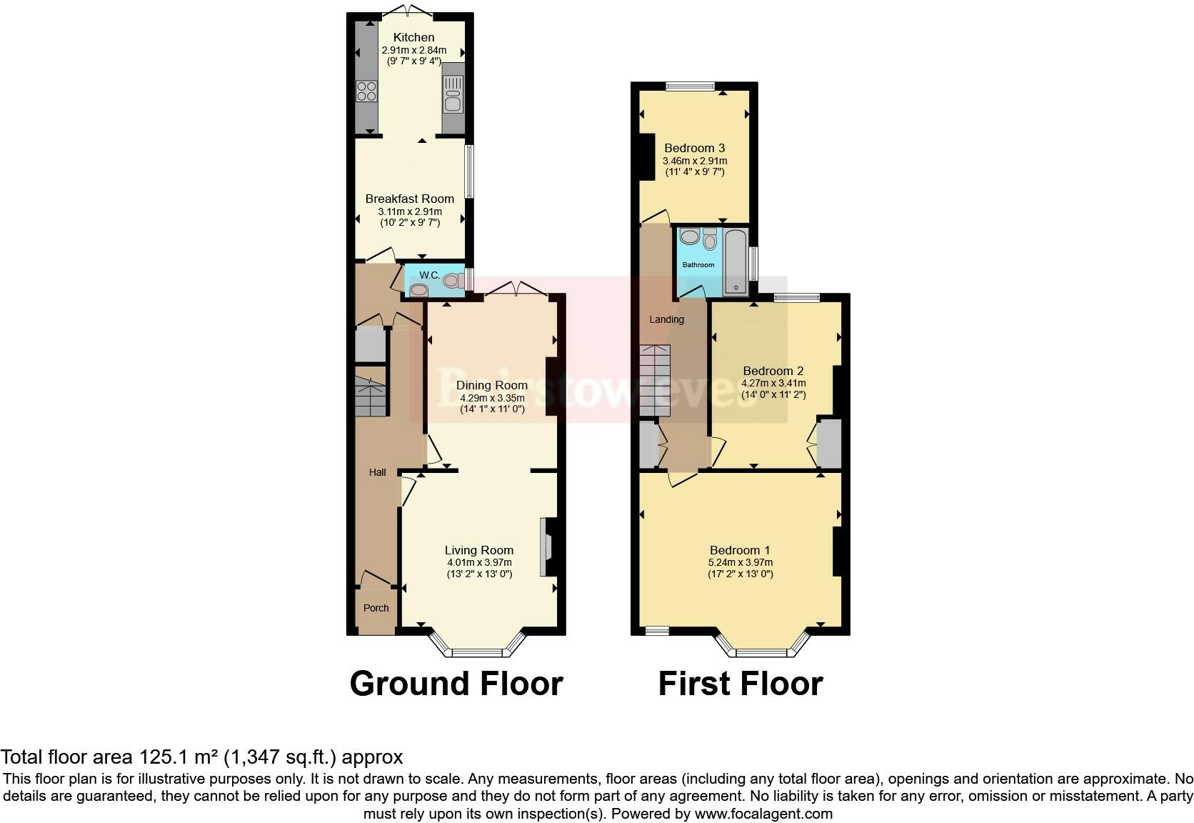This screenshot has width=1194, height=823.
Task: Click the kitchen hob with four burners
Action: (x=366, y=91)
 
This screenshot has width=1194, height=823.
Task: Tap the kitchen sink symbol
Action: (x=453, y=94)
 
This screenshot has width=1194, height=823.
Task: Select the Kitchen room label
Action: (x=413, y=37)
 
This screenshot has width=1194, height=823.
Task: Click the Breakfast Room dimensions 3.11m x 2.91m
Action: (x=409, y=211)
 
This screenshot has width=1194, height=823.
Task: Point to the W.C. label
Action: (x=428, y=275)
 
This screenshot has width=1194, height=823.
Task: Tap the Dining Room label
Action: (x=492, y=385)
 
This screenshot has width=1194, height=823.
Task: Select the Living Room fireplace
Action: (x=551, y=547)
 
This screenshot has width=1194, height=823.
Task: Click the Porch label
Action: (x=376, y=608)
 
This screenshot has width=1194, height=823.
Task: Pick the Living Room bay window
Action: (x=478, y=651)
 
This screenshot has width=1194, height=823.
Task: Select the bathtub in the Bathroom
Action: (x=736, y=262)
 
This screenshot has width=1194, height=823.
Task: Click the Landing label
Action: (x=666, y=319)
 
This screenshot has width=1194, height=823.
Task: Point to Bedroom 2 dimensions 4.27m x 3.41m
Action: (x=773, y=383)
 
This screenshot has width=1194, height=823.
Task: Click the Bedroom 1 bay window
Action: (x=763, y=651)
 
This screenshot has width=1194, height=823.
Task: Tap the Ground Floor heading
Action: (x=456, y=684)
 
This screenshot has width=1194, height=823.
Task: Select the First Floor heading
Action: (x=740, y=684)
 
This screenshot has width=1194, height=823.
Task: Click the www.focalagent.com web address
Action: (x=763, y=814)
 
